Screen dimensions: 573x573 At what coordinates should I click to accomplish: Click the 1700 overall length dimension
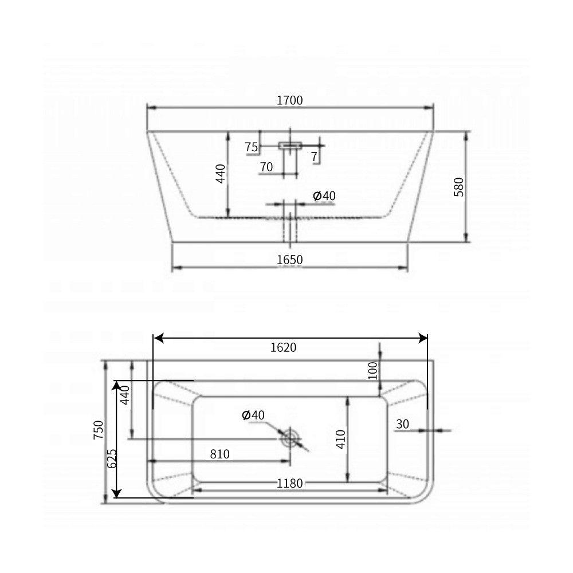(289, 101)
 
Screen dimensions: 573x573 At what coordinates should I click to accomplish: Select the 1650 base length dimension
(289, 260)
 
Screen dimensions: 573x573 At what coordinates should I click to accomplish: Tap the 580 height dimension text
(459, 187)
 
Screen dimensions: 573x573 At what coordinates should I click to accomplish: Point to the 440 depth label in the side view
(221, 174)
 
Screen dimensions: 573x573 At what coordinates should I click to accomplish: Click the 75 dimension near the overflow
(251, 147)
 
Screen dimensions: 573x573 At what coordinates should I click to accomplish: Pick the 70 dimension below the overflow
(266, 167)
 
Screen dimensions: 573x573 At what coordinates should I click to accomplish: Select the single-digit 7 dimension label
(315, 156)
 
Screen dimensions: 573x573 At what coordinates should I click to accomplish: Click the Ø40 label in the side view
(324, 196)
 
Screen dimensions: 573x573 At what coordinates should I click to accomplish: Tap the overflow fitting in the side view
(290, 146)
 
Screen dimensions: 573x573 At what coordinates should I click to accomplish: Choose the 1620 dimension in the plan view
(284, 348)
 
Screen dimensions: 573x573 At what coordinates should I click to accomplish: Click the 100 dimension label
(372, 371)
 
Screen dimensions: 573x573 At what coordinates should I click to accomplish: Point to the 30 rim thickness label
(402, 424)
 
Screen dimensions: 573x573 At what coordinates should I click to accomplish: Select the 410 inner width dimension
(341, 439)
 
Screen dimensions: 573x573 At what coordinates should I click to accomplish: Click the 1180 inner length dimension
(289, 484)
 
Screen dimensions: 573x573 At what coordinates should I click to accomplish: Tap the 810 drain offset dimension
(219, 454)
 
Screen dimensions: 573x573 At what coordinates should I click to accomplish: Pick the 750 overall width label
(98, 431)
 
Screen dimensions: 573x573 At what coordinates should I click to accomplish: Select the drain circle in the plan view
(291, 439)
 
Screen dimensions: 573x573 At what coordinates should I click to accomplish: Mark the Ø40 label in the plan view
(253, 415)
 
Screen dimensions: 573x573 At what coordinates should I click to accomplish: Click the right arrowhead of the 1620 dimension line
(424, 338)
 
